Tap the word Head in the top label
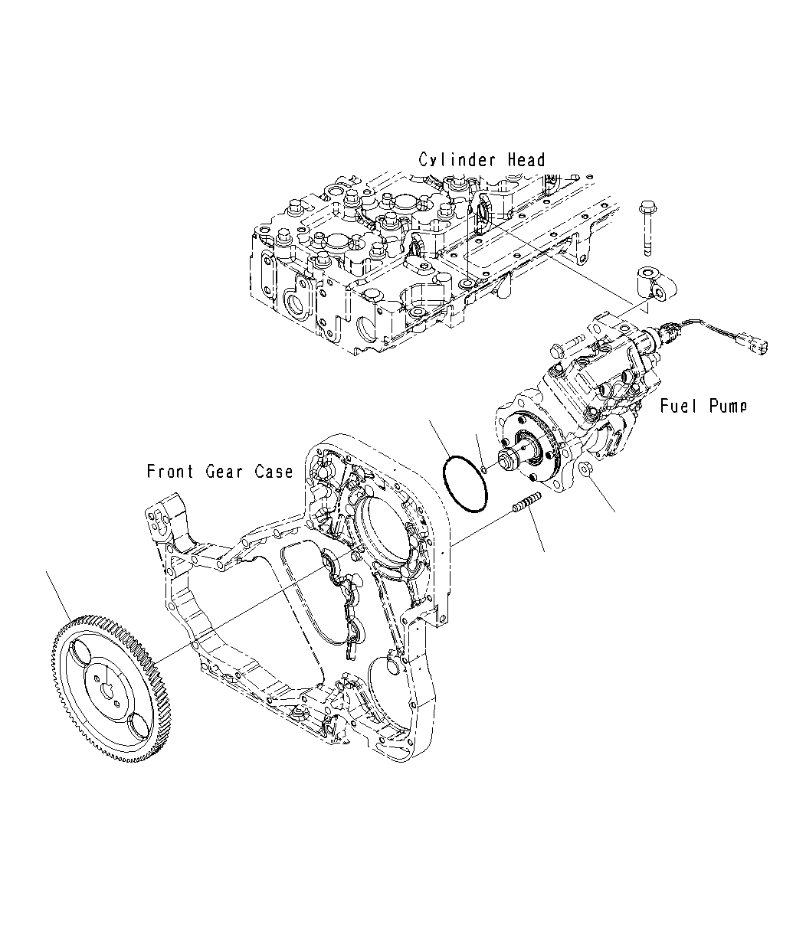tap(526, 160)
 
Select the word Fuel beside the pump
tap(678, 406)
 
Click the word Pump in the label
tap(726, 406)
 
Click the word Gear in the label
tap(224, 472)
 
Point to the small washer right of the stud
tap(586, 469)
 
